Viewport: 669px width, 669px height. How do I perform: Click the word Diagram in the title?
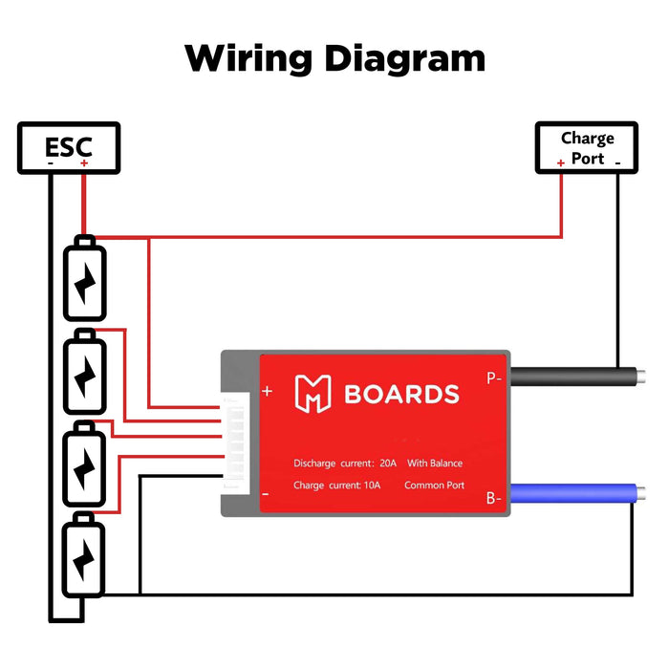pyautogui.click(x=404, y=59)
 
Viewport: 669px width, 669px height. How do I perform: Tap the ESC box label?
pyautogui.click(x=69, y=147)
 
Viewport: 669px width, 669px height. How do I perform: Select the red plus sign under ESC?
pyautogui.click(x=84, y=163)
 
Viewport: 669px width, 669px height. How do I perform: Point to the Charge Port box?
pyautogui.click(x=587, y=148)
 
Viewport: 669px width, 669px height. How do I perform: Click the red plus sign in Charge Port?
pyautogui.click(x=561, y=163)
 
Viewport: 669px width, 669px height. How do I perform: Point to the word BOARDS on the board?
pyautogui.click(x=401, y=395)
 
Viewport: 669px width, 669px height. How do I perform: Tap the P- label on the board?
pyautogui.click(x=493, y=378)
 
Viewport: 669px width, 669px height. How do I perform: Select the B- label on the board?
pyautogui.click(x=493, y=497)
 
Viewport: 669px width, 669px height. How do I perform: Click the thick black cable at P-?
pyautogui.click(x=573, y=376)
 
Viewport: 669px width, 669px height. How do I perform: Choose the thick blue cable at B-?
pyautogui.click(x=573, y=496)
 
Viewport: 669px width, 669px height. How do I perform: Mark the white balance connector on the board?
pyautogui.click(x=233, y=444)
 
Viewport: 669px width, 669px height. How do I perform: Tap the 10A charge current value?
pyautogui.click(x=371, y=486)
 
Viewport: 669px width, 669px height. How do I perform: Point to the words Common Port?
pyautogui.click(x=434, y=486)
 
